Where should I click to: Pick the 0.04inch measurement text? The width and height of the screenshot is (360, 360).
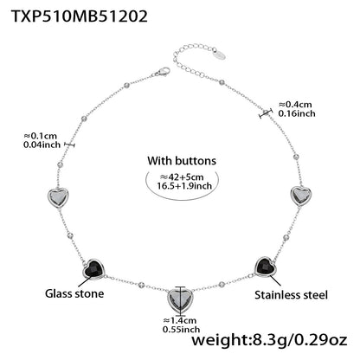pos(42,145)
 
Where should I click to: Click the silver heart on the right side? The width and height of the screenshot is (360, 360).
pos(300,196)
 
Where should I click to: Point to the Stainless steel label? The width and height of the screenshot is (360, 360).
pos(292,294)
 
